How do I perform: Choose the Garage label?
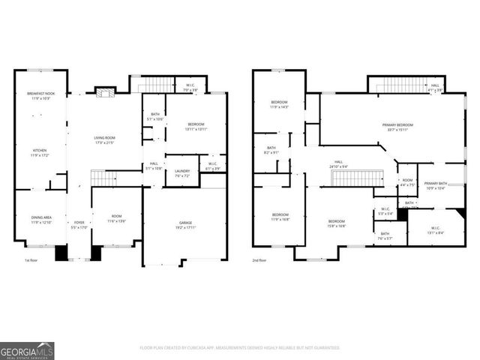(x=185, y=224)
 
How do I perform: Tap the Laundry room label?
(x=182, y=174)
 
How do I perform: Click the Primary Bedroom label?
(x=400, y=127)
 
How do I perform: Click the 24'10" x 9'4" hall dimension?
(x=339, y=166)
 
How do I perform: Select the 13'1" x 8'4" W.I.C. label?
(x=436, y=230)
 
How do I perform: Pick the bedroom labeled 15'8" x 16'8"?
(x=337, y=223)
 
